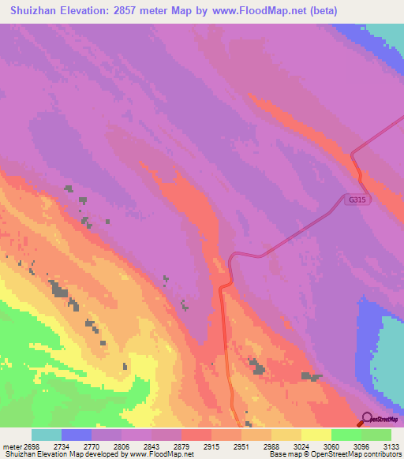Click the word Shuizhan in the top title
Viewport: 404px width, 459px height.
(36, 10)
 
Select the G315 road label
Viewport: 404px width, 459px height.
(357, 200)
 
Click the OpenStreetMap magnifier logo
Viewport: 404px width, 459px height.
(365, 418)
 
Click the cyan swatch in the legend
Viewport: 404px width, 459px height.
(47, 435)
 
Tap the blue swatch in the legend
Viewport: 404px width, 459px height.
(77, 435)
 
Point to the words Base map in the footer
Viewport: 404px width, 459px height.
(283, 454)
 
